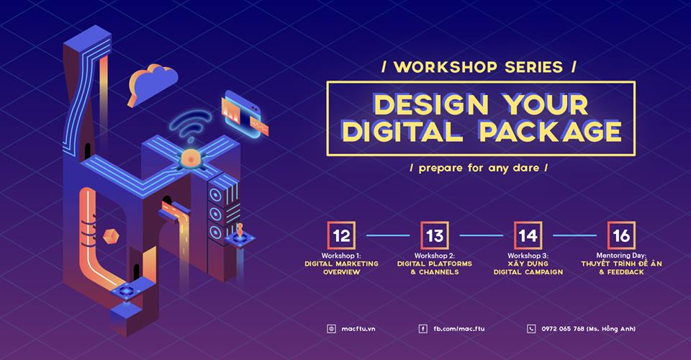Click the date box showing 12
tap(341, 235)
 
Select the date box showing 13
tap(435, 235)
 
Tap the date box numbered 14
tap(528, 235)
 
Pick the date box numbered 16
tap(621, 235)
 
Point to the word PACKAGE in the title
tap(551, 131)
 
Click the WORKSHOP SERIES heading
tap(479, 67)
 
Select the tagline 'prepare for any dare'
tap(479, 168)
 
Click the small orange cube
tap(111, 235)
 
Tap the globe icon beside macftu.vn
tap(331, 329)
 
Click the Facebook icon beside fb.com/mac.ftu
tap(423, 329)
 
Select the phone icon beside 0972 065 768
tap(531, 329)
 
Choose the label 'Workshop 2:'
tap(435, 256)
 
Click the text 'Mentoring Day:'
tap(621, 256)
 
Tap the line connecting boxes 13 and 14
tap(482, 235)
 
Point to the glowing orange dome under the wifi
tap(191, 158)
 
